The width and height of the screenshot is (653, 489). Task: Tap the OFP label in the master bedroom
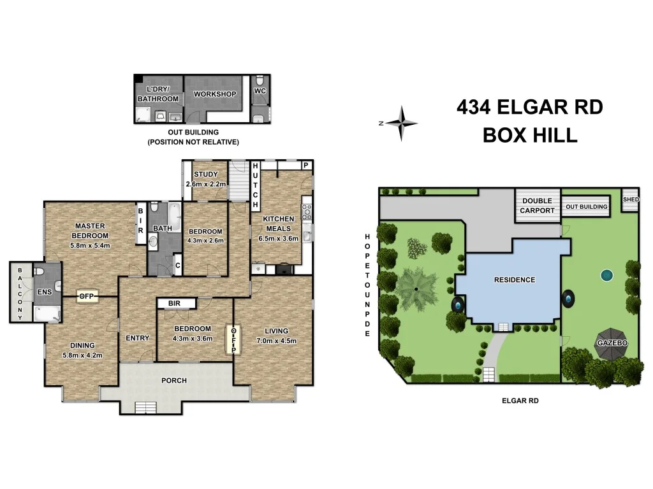[x=86, y=296]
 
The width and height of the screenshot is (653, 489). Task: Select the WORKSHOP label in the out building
[x=215, y=94]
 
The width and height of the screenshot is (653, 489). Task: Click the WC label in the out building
[x=260, y=91]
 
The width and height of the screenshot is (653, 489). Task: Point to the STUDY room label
[x=206, y=174]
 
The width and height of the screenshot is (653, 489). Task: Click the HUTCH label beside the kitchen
[x=255, y=186]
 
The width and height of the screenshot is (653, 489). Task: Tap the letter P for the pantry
[x=306, y=165]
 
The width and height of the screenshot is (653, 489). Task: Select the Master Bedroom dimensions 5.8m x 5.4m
[x=90, y=245]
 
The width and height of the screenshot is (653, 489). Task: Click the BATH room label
[x=162, y=228]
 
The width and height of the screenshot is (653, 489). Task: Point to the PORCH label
[x=173, y=381]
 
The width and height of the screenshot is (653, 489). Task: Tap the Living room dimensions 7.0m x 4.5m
[x=276, y=341]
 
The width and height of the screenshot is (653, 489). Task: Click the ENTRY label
[x=137, y=338]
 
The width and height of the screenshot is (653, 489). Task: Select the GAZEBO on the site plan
[x=612, y=343]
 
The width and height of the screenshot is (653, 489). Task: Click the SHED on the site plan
[x=630, y=199]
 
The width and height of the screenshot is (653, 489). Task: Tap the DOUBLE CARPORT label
[x=538, y=206]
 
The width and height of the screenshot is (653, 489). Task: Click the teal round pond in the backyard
[x=606, y=276]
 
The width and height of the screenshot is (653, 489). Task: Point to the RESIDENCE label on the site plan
[x=515, y=280]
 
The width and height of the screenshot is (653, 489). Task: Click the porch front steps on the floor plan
[x=144, y=408]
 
